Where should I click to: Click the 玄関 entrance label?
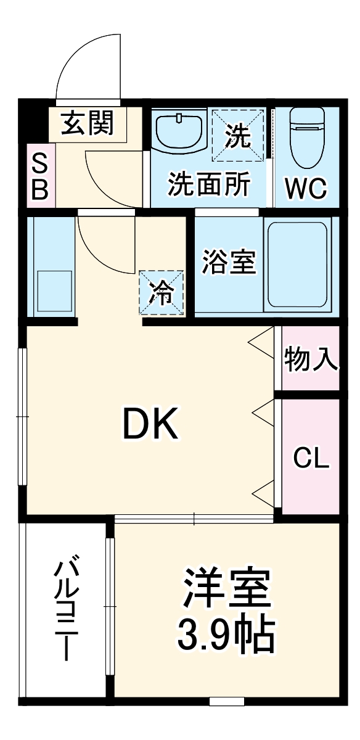[88, 124]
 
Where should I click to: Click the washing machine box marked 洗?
[239, 136]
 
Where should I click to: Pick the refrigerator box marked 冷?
[162, 292]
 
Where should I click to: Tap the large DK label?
[151, 424]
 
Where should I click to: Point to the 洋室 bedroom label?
[226, 591]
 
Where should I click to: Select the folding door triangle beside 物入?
[262, 342]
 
